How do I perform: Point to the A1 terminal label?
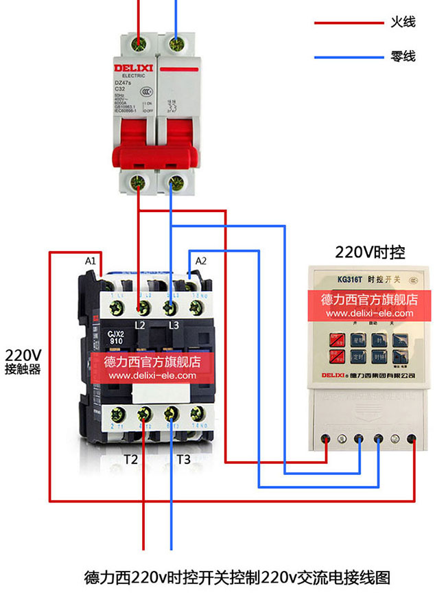pyautogui.click(x=90, y=261)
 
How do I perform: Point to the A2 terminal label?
pyautogui.click(x=201, y=261)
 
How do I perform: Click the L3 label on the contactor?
pyautogui.click(x=174, y=323)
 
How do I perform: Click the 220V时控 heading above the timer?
pyautogui.click(x=370, y=253)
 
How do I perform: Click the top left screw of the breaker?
pyautogui.click(x=139, y=45)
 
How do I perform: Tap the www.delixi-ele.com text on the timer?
pyautogui.click(x=370, y=314)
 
